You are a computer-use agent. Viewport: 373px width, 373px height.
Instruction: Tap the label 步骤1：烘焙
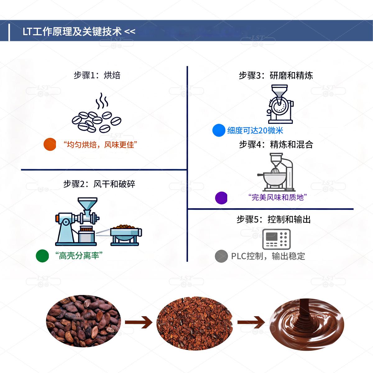tap(97, 76)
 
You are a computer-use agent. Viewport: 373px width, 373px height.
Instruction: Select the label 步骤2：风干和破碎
tap(99, 184)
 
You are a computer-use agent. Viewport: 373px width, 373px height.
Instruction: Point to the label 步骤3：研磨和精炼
tap(276, 76)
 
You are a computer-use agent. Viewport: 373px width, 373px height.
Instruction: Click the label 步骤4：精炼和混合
tap(276, 145)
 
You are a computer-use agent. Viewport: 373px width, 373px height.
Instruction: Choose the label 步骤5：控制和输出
tap(274, 220)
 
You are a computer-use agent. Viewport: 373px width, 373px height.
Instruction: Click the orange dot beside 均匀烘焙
tap(50, 145)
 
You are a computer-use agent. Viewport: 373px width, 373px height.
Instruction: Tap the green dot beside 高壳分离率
tap(43, 256)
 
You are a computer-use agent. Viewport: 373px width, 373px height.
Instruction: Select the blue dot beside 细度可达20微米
tap(219, 130)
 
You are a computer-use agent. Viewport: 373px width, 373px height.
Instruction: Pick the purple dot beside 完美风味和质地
tap(221, 198)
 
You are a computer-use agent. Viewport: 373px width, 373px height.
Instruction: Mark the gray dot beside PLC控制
tap(221, 256)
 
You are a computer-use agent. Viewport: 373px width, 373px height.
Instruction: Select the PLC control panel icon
tap(276, 239)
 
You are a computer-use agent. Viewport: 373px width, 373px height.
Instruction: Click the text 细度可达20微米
tap(255, 131)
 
